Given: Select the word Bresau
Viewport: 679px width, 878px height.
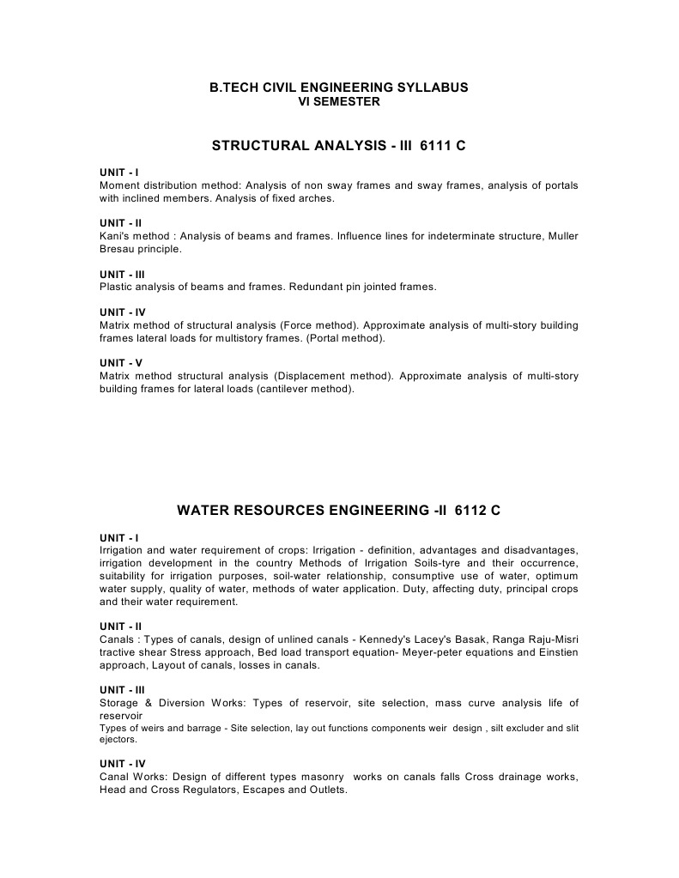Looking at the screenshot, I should pyautogui.click(x=118, y=249).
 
